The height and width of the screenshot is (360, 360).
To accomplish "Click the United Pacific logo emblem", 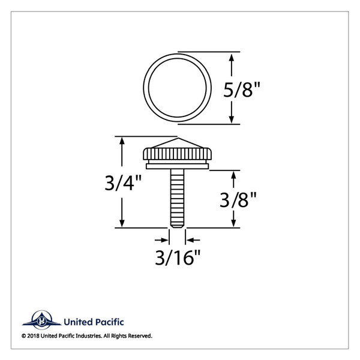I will [x=41, y=322].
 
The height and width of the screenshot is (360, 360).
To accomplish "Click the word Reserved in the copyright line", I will [x=139, y=336].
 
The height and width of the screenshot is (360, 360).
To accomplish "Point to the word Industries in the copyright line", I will [x=93, y=336].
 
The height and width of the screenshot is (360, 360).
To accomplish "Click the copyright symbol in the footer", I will [x=24, y=336].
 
